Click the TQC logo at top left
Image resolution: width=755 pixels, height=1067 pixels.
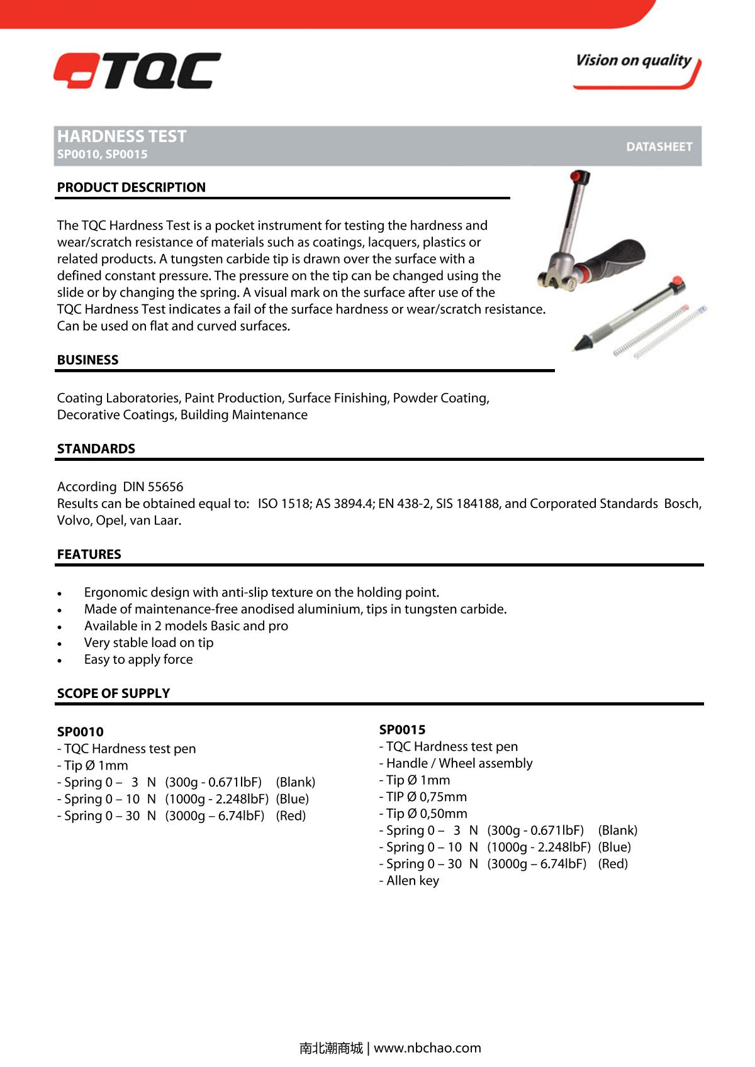click(137, 70)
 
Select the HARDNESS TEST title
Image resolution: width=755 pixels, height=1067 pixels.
click(122, 136)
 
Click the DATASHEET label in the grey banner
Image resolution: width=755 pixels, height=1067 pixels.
click(659, 147)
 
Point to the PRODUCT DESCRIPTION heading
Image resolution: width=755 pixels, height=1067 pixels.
click(131, 187)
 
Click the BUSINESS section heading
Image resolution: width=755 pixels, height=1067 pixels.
click(87, 360)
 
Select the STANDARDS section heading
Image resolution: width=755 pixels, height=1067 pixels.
click(96, 449)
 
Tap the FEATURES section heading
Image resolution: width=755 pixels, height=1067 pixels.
click(89, 555)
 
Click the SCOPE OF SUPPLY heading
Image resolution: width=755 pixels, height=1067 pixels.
click(113, 694)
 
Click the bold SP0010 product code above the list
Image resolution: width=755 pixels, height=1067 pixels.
click(80, 732)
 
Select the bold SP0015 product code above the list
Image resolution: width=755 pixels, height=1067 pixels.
click(402, 730)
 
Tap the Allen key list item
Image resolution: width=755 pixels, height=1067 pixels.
click(409, 881)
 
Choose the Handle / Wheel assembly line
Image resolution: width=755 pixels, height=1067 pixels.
click(456, 763)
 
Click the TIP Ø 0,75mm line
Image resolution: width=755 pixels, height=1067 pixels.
click(423, 797)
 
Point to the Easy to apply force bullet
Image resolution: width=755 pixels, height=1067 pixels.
click(138, 660)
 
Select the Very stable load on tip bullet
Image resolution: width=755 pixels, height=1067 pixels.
click(148, 643)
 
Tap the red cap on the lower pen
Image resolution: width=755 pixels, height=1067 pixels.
click(678, 282)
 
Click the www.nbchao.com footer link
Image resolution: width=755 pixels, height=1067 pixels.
click(427, 1048)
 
